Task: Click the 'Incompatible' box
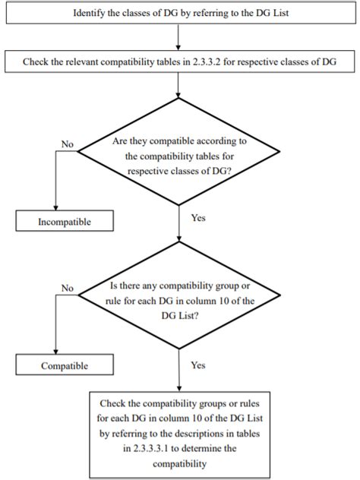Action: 65,221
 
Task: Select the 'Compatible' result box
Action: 65,365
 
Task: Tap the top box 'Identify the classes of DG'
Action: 181,13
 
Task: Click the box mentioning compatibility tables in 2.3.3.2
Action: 180,62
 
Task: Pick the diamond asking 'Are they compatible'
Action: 178,152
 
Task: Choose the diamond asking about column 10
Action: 179,295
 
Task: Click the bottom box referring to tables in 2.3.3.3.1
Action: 180,434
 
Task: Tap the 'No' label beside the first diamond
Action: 68,144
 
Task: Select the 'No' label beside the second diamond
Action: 68,288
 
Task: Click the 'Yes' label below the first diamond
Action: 198,218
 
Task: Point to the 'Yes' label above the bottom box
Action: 198,365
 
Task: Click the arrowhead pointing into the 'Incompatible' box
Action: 55,207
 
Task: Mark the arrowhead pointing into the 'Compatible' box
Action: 55,352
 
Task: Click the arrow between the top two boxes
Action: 178,37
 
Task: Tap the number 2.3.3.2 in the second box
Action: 207,62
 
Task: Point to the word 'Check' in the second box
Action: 36,62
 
